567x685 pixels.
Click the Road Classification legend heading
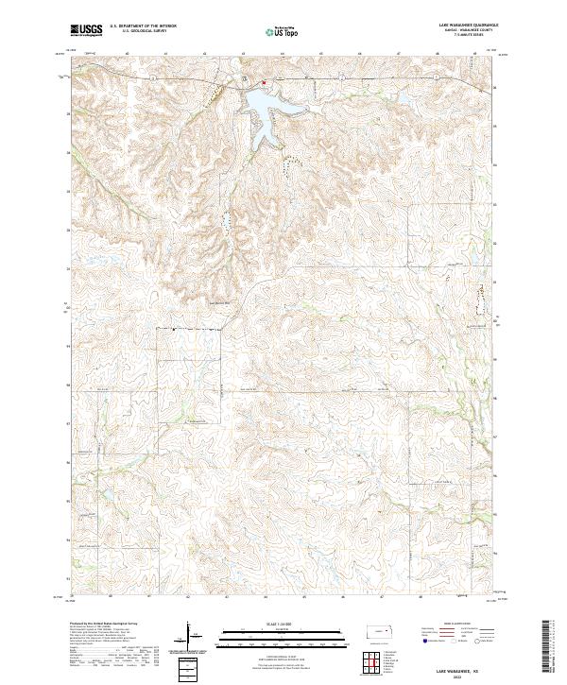point(444,625)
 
